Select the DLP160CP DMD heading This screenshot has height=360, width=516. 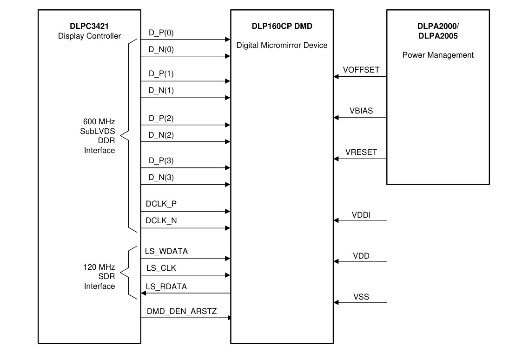[x=282, y=27]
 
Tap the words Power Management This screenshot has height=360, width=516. [x=438, y=55]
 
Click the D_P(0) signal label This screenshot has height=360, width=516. [x=161, y=33]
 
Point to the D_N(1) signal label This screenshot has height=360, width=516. [x=161, y=90]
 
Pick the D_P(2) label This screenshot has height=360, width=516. [x=161, y=118]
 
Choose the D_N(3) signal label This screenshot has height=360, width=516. [x=161, y=177]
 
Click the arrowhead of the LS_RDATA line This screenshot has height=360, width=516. [x=144, y=293]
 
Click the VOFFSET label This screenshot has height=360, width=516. [x=361, y=70]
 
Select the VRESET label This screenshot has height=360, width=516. [x=361, y=152]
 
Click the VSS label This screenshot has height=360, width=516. [x=361, y=296]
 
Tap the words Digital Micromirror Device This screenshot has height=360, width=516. [x=282, y=46]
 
